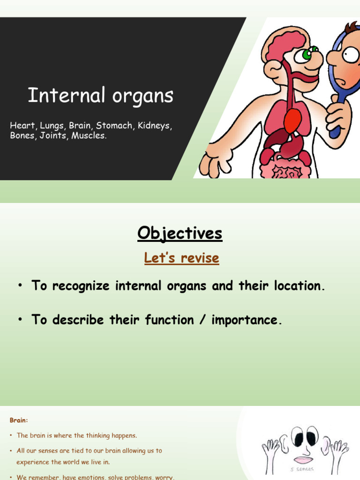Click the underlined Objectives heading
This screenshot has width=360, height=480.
pyautogui.click(x=180, y=233)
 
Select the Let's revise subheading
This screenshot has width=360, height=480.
pyautogui.click(x=181, y=258)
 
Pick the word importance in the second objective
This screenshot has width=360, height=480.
pyautogui.click(x=247, y=320)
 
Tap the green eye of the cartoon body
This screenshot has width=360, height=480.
pyautogui.click(x=307, y=54)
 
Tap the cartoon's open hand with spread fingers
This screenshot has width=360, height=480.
pyautogui.click(x=213, y=160)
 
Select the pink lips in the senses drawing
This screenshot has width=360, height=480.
pyautogui.click(x=303, y=460)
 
